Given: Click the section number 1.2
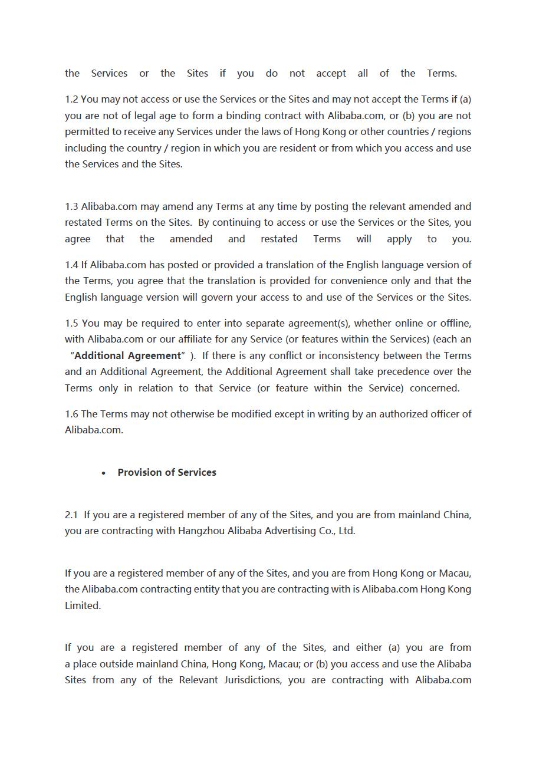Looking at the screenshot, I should click(x=71, y=99).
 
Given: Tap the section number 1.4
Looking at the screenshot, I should click(x=71, y=265).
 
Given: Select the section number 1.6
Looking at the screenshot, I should click(x=71, y=414).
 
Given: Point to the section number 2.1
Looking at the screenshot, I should click(x=71, y=515).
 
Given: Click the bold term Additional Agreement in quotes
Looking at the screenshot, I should click(x=127, y=356).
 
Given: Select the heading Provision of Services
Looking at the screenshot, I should click(x=167, y=472).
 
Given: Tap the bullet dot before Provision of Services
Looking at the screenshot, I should click(x=104, y=473).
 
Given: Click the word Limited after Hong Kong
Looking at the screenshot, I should click(x=83, y=605).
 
